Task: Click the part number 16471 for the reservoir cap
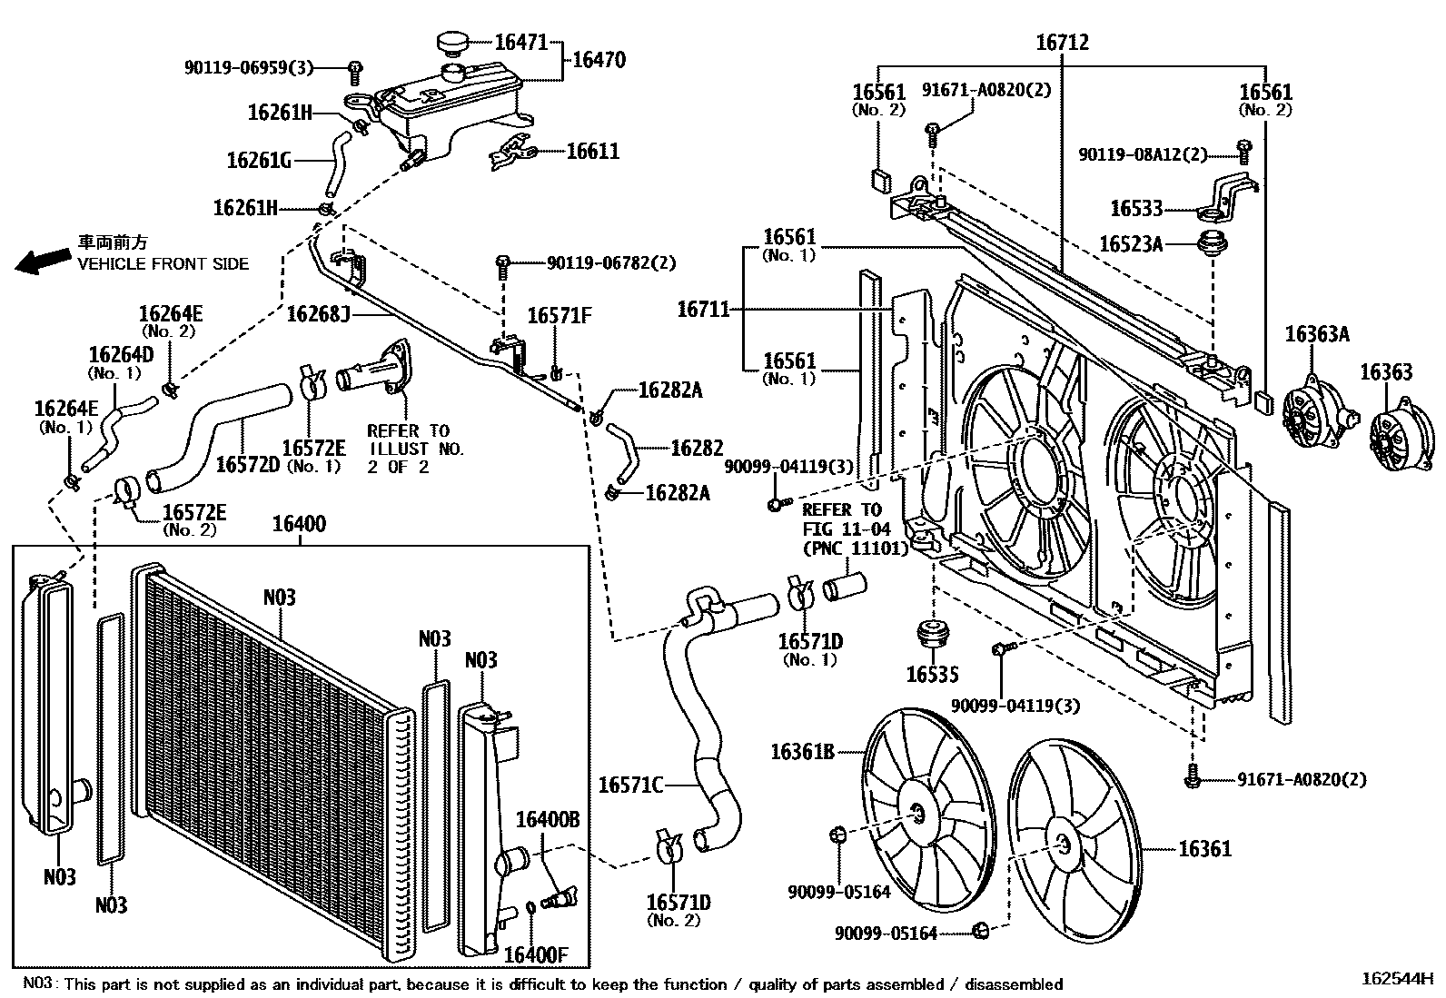pyautogui.click(x=520, y=42)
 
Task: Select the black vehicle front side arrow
pyautogui.click(x=37, y=262)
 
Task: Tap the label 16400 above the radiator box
pyautogui.click(x=299, y=525)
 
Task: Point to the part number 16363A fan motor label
pyautogui.click(x=1316, y=334)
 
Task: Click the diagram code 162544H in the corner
pyautogui.click(x=1396, y=979)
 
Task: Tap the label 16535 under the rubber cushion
pyautogui.click(x=932, y=675)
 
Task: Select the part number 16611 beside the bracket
pyautogui.click(x=592, y=152)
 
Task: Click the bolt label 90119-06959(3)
pyautogui.click(x=248, y=67)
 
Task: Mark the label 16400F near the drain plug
pyautogui.click(x=535, y=954)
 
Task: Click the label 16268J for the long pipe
pyautogui.click(x=318, y=314)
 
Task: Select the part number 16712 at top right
pyautogui.click(x=1062, y=43)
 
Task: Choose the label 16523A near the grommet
pyautogui.click(x=1131, y=244)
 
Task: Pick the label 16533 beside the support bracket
pyautogui.click(x=1136, y=209)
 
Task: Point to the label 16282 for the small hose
pyautogui.click(x=697, y=448)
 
